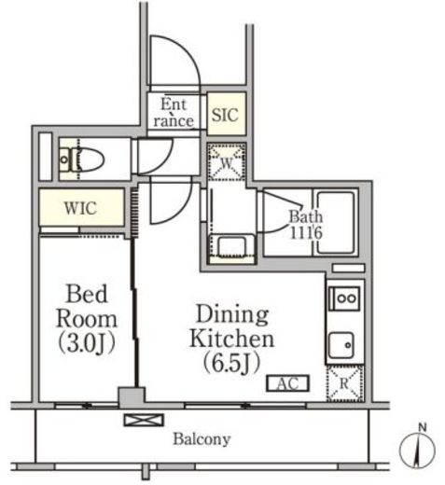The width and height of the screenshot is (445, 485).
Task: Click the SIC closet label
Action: click(225, 115)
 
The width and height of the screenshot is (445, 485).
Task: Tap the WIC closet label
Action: click(80, 208)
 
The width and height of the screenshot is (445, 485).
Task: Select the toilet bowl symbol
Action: click(81, 159)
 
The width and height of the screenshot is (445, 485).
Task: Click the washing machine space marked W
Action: click(227, 162)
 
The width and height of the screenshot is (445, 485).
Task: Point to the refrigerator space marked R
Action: click(344, 383)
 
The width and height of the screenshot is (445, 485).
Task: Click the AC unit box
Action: click(287, 383)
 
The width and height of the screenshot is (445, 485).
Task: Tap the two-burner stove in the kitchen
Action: click(344, 298)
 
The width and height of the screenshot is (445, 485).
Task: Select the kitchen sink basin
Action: click(341, 345)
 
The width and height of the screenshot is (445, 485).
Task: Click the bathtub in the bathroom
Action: click(336, 222)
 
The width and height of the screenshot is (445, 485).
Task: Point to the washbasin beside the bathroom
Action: click(232, 246)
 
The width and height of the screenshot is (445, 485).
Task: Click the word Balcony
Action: click(202, 439)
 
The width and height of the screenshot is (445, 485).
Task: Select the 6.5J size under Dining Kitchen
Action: click(231, 363)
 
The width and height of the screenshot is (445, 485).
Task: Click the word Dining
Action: click(232, 314)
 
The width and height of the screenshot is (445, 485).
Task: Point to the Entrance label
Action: click(174, 112)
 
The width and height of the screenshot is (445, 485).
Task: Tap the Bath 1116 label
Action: click(306, 225)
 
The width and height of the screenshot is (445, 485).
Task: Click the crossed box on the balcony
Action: click(144, 420)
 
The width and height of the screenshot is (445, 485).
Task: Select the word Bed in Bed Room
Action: click(87, 294)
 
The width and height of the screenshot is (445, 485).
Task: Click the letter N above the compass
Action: click(422, 428)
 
